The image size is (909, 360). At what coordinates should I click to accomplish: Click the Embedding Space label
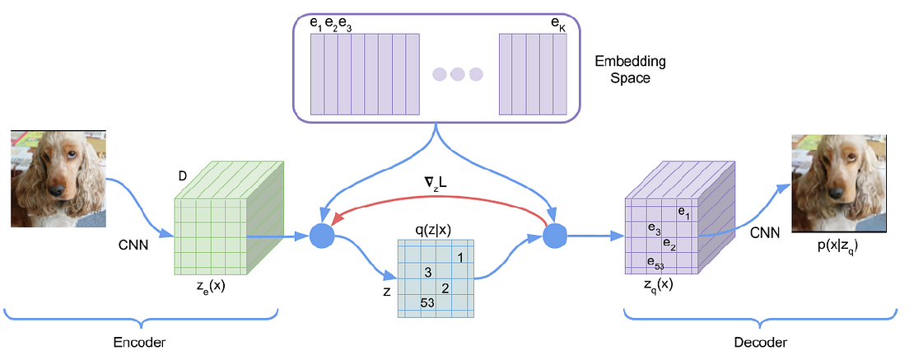630,70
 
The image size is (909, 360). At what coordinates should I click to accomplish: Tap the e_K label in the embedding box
557,25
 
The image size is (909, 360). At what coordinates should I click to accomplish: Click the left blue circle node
322,236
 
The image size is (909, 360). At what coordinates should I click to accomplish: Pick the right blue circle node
556,236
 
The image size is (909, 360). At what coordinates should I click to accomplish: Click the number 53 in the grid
428,302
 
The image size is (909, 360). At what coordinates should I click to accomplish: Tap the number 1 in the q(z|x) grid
461,258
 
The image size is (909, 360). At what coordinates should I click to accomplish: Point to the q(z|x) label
437,230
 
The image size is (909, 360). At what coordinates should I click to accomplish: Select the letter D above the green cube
183,177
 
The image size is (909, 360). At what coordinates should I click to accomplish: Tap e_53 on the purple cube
655,264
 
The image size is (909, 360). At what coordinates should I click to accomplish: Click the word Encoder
141,342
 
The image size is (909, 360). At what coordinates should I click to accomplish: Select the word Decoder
761,342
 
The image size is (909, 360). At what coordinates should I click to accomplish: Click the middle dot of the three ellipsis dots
458,74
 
